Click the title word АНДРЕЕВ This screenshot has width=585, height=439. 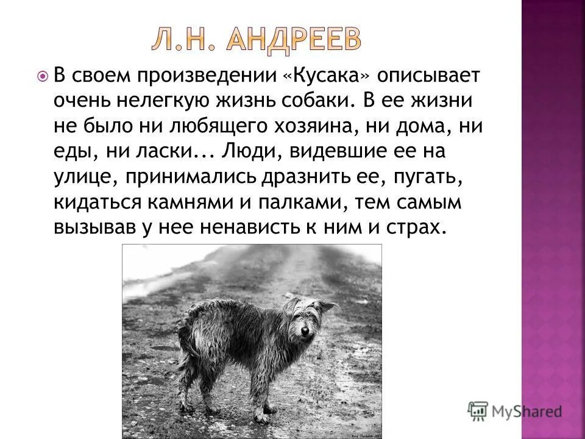click(295, 40)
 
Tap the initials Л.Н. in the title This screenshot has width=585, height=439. click(182, 40)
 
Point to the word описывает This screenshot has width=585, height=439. click(428, 77)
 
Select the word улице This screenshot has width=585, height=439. click(80, 177)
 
